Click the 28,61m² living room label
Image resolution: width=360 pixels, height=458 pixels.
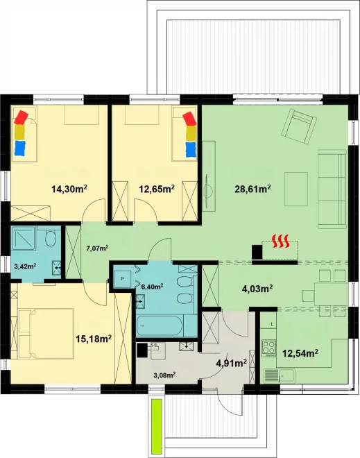pos(252,189)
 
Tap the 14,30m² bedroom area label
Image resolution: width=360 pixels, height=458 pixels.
pos(69,189)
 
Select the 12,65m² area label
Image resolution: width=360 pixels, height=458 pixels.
pos(157,189)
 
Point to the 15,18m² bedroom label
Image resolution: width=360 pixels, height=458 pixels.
pos(94,339)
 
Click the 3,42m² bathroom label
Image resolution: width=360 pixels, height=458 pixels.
pos(25,266)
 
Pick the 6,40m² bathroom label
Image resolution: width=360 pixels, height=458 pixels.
pos(152,287)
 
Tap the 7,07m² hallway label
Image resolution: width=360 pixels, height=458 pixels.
pos(97,248)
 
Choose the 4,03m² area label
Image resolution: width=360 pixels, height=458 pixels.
pos(257,289)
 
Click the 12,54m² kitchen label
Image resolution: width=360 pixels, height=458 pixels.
pos(300,353)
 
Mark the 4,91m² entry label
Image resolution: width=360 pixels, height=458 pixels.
pos(231,363)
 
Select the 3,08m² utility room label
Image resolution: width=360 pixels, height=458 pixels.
pos(164,375)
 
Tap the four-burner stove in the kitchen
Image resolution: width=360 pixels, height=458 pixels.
pos(268,348)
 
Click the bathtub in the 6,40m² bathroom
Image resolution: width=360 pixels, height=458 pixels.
pos(160,325)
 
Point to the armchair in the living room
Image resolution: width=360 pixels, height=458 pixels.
pos(299,126)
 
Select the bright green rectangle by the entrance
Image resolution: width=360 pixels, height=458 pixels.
pos(157,425)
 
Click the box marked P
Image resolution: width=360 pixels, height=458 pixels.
pos(122,279)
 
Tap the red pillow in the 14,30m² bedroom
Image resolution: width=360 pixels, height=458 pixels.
pos(21,117)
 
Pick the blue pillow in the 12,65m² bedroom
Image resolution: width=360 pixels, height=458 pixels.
pos(191,149)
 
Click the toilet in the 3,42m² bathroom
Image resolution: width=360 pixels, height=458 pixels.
pos(51,238)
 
